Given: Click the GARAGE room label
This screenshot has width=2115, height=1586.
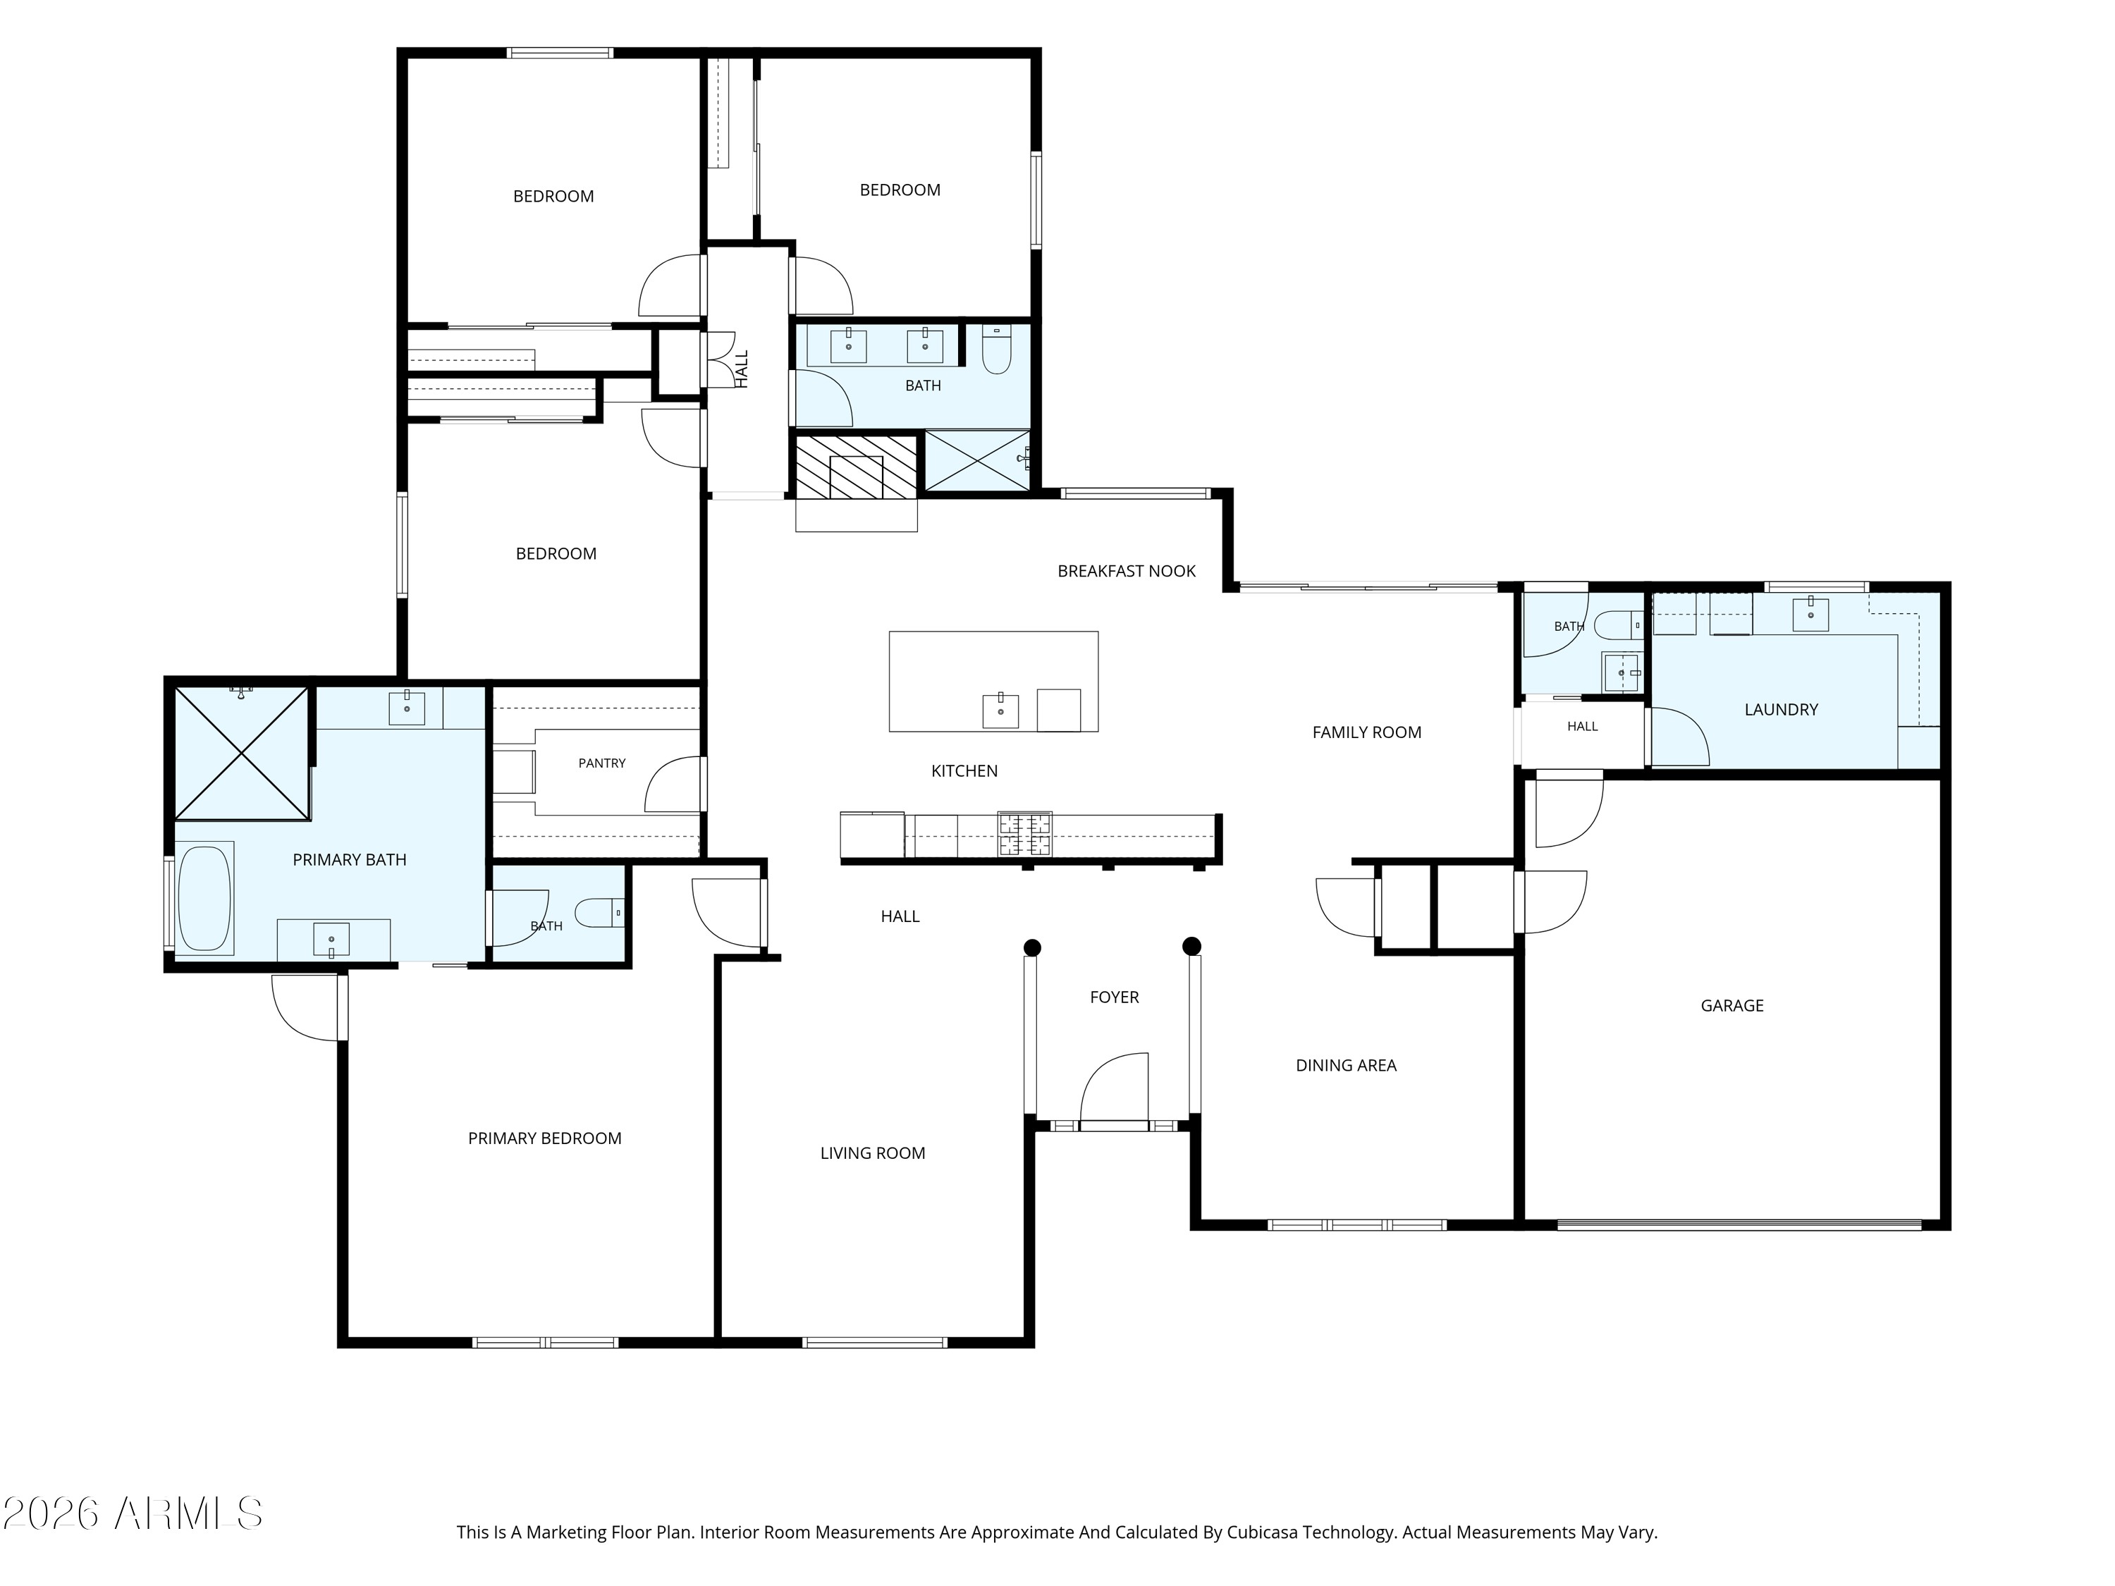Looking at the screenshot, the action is coord(1731,1006).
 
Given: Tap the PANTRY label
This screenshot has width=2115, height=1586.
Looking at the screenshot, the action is coord(601,763).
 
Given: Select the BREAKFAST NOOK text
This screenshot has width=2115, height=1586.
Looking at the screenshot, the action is coord(1127,571).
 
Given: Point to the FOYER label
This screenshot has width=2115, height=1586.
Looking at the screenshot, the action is coord(1114,997).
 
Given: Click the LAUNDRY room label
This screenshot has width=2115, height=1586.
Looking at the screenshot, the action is coord(1780,709).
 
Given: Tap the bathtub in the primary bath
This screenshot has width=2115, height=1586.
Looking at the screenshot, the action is coord(204,898).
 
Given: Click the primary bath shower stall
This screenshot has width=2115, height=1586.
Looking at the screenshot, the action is coord(242,754).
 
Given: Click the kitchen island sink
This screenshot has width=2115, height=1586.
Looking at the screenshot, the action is coord(1000,711).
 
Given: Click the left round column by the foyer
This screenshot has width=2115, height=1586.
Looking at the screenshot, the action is coord(1031,947).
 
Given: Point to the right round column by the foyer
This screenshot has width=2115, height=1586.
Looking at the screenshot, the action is coord(1191,947).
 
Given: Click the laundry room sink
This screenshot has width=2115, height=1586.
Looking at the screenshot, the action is coord(1810,615).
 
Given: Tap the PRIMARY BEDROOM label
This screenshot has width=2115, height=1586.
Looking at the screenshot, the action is coord(544,1138).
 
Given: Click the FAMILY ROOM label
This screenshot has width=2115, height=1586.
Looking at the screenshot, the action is coord(1366,732).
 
